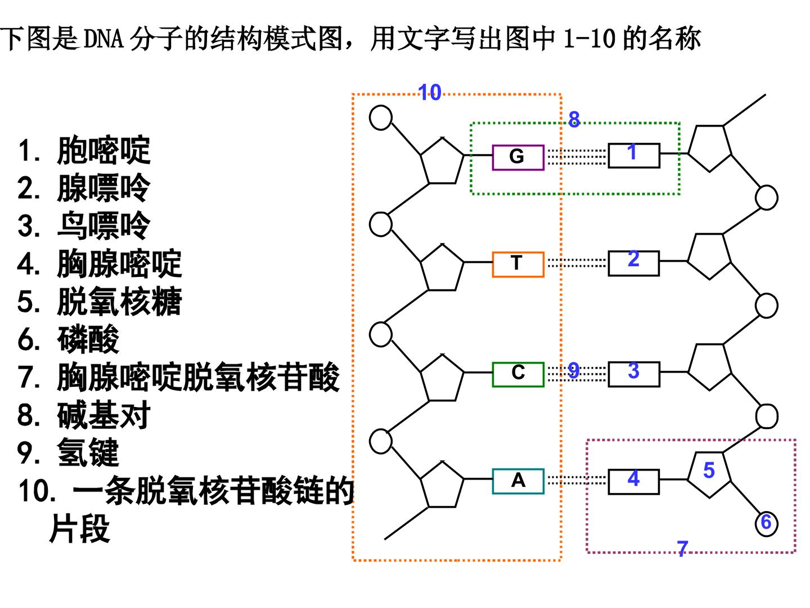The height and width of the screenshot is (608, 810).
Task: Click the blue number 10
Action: pyautogui.click(x=430, y=92)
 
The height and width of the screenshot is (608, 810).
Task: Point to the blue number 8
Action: pyautogui.click(x=574, y=119)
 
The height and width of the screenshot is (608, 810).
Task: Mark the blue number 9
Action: pyautogui.click(x=573, y=370)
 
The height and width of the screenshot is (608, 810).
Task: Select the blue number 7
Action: pyautogui.click(x=682, y=548)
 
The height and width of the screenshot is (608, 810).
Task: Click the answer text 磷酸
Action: pyautogui.click(x=88, y=339)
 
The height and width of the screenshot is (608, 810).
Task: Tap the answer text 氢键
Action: pyautogui.click(x=88, y=452)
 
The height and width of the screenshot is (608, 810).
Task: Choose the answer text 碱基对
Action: pyautogui.click(x=103, y=414)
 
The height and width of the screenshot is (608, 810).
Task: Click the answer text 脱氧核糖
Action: pyautogui.click(x=119, y=301)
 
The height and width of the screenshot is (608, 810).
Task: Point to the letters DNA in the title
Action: pyautogui.click(x=103, y=38)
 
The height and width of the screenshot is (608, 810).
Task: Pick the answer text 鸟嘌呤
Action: pyautogui.click(x=103, y=226)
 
